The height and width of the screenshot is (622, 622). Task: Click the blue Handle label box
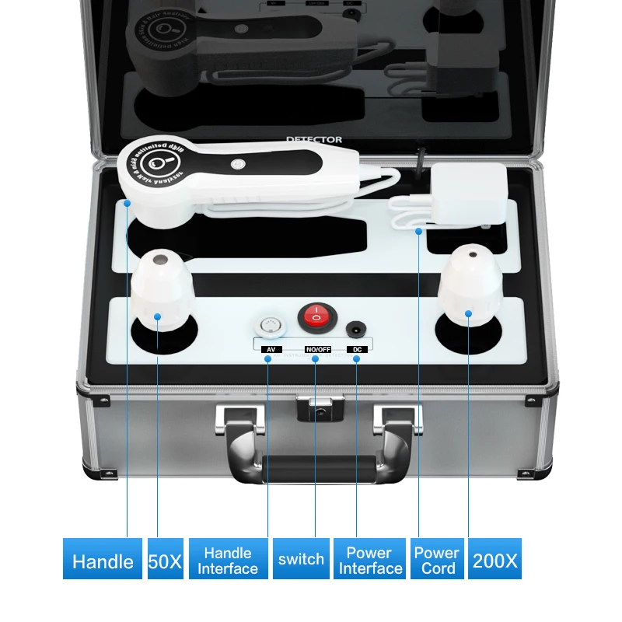click(x=103, y=559)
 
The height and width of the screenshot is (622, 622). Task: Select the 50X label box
click(x=165, y=559)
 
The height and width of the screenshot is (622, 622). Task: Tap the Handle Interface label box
click(x=228, y=559)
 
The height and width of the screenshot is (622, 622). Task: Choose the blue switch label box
click(x=301, y=559)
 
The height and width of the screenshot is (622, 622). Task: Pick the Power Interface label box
click(x=369, y=559)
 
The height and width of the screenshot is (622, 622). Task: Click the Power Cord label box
click(x=436, y=559)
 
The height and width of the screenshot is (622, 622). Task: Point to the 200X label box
click(x=494, y=559)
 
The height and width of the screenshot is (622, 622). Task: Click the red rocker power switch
click(x=315, y=316)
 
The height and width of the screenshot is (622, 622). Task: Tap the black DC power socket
click(x=357, y=328)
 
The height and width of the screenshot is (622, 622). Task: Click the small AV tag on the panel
click(x=269, y=349)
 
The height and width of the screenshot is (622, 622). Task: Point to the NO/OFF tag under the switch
click(x=317, y=349)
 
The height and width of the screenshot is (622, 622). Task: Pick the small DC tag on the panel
click(x=357, y=349)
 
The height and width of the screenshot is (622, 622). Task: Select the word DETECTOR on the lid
click(x=313, y=140)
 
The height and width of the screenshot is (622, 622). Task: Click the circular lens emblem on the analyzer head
click(x=159, y=164)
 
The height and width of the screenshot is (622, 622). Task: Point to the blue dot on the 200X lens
click(x=469, y=314)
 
